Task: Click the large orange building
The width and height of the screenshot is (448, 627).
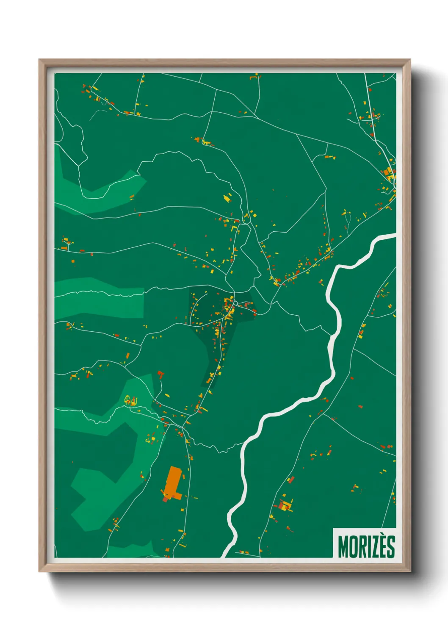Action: (x=173, y=480)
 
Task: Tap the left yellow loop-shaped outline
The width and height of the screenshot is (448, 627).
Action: (x=127, y=400)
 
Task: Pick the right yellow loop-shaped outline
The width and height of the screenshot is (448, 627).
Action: (x=134, y=400)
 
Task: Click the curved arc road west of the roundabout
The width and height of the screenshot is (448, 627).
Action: (x=194, y=310)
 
